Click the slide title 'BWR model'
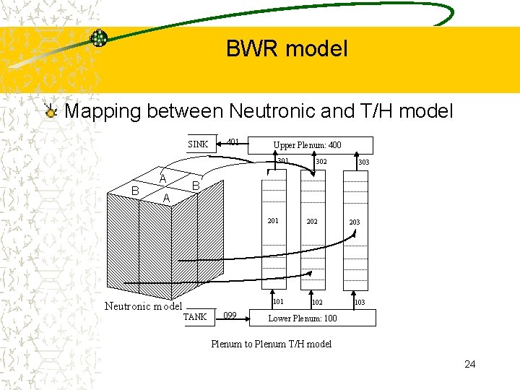(287, 49)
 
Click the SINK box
(198, 144)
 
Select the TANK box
(195, 316)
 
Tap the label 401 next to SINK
(233, 142)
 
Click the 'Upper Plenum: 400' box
(307, 145)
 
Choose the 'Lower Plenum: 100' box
(303, 318)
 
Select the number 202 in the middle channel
(311, 222)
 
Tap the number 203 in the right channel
(355, 222)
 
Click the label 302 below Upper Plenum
(321, 162)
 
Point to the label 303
(363, 162)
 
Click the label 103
(359, 302)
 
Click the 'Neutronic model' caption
(143, 305)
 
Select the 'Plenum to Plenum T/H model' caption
(271, 344)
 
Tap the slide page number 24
(470, 364)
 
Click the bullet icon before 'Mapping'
(50, 112)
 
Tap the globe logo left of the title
(99, 38)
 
